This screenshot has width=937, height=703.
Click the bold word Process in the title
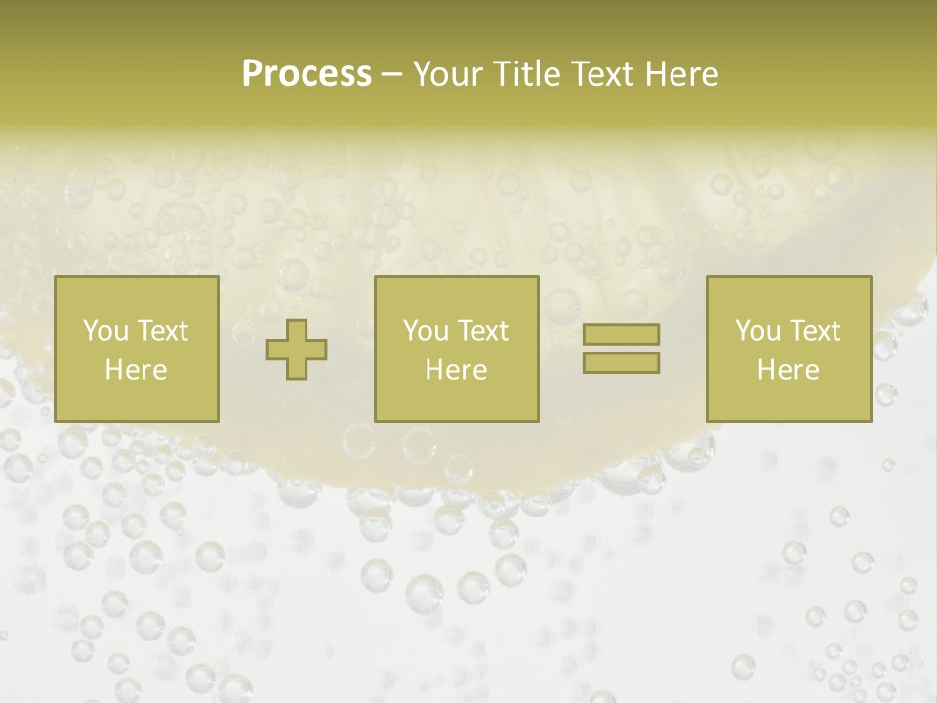click(306, 74)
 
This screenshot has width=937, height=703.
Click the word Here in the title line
click(680, 74)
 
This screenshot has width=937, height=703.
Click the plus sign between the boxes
click(297, 349)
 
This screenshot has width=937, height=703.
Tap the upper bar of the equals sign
click(621, 334)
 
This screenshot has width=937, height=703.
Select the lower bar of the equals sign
click(621, 362)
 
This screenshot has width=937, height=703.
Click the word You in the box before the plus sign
click(105, 330)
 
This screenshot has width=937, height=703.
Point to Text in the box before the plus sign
click(162, 330)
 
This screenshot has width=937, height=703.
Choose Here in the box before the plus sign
click(136, 369)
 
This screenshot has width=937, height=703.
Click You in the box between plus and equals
click(426, 330)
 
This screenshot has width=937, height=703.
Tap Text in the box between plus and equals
click(482, 330)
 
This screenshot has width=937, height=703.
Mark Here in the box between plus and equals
click(456, 369)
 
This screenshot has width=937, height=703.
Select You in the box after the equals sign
click(757, 330)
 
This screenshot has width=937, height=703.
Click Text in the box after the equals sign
click(814, 330)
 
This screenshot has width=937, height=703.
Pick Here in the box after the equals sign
click(788, 369)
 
